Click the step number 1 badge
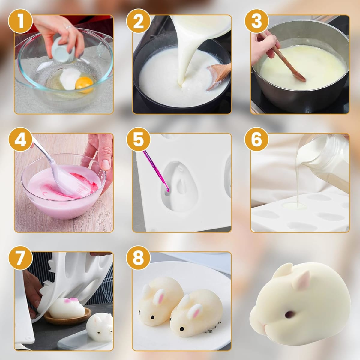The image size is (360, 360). pyautogui.click(x=20, y=21)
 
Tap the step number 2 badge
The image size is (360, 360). pyautogui.click(x=138, y=21)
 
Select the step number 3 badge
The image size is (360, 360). pyautogui.click(x=257, y=21)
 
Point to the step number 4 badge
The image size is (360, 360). pyautogui.click(x=20, y=139)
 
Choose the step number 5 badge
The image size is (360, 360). pyautogui.click(x=138, y=139)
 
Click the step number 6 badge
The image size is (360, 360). pyautogui.click(x=257, y=139)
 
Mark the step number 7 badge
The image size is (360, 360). pyautogui.click(x=20, y=258)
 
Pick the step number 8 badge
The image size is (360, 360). pyautogui.click(x=138, y=258)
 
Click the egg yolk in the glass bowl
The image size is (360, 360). pyautogui.click(x=84, y=83)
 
